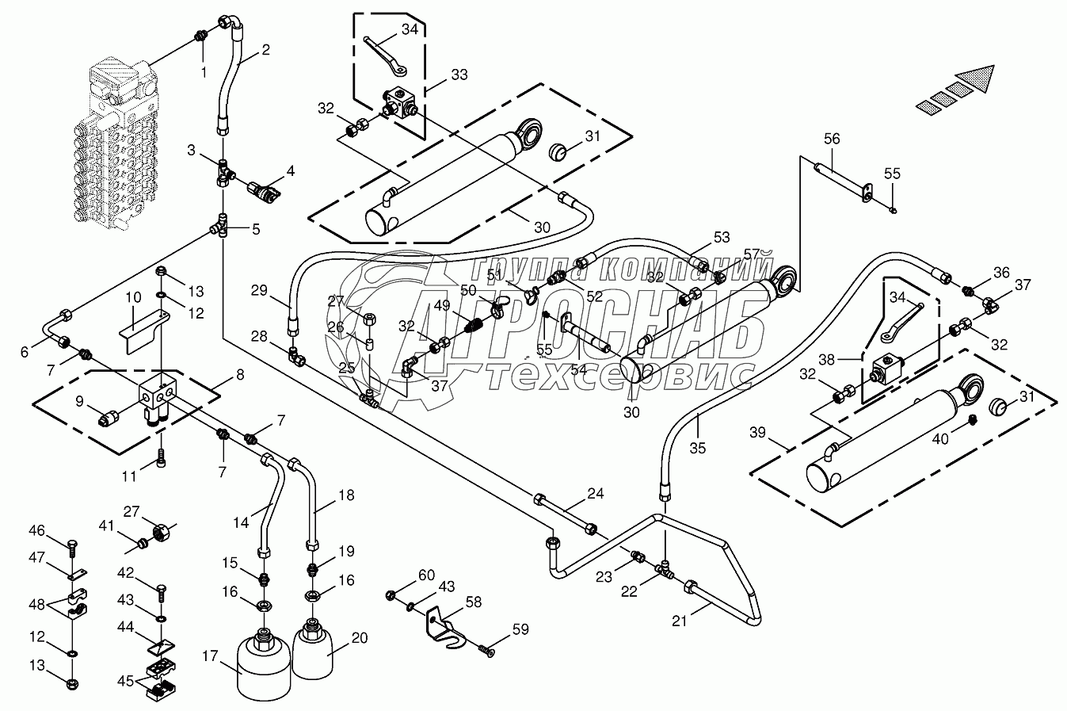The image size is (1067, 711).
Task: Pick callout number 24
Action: [x=596, y=493]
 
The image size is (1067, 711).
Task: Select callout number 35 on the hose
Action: [x=696, y=448]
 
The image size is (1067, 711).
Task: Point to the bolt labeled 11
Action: [x=162, y=457]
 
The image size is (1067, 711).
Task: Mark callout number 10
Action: [x=133, y=297]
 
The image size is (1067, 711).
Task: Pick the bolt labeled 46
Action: [x=72, y=548]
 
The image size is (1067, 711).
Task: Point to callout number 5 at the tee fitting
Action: [x=255, y=230]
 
